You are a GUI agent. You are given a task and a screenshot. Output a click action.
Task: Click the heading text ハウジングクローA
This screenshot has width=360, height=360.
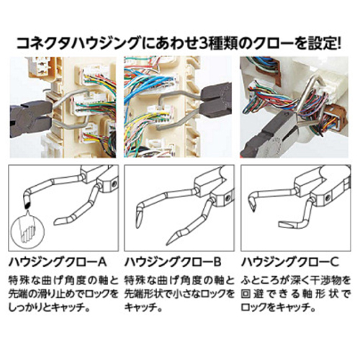58,261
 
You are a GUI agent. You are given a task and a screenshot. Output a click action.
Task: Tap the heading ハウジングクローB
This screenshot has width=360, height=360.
173,261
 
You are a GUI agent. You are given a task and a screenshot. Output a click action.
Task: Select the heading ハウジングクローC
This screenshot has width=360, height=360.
290,261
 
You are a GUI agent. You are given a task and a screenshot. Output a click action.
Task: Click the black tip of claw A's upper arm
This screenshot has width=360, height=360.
27,204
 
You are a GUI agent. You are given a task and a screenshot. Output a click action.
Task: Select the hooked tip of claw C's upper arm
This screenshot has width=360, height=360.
253,207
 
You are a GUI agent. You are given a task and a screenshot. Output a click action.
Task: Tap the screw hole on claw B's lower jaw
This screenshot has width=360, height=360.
228,198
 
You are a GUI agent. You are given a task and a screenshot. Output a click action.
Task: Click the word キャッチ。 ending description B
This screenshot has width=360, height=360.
143,307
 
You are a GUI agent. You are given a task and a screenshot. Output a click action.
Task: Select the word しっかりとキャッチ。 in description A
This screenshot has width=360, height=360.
50,307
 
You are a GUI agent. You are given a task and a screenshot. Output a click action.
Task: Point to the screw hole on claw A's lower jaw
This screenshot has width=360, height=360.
114,184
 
